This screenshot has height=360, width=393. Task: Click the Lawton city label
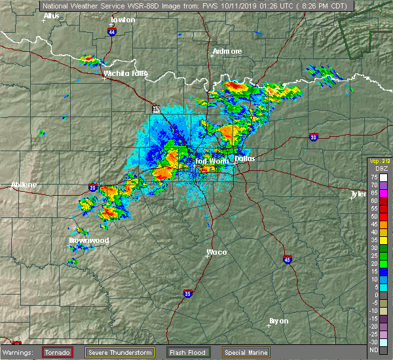coord(122,20)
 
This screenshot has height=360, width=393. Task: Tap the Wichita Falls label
coord(122,73)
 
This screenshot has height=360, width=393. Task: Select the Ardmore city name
coord(227,51)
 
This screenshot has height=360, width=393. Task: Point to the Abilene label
coord(24,185)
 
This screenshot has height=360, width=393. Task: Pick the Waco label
coord(217,252)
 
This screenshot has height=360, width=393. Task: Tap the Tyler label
coord(358,194)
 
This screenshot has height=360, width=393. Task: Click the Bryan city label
coord(280,321)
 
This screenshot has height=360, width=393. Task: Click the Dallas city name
coord(244,158)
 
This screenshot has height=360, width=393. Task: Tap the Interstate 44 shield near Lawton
coord(112,31)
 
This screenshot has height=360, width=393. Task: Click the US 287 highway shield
coord(155,109)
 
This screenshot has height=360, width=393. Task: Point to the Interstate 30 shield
coord(314,137)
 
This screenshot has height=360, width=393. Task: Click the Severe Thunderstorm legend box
coord(120,352)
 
